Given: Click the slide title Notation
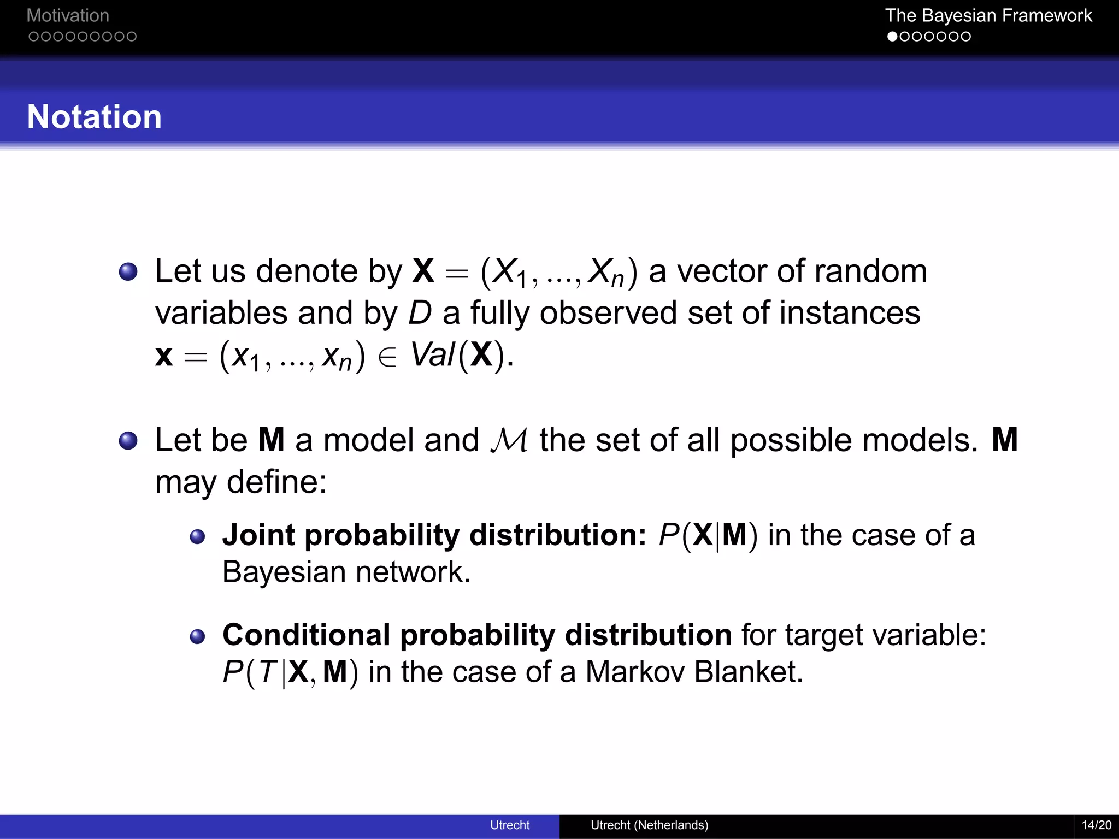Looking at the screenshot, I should pyautogui.click(x=95, y=117).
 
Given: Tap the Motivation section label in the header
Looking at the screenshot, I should pyautogui.click(x=68, y=15).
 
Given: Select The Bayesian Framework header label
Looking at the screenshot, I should pyautogui.click(x=988, y=15).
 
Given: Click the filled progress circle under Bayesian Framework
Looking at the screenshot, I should pyautogui.click(x=892, y=37).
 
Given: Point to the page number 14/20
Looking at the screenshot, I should pyautogui.click(x=1096, y=825).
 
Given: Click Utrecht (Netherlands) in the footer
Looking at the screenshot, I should pyautogui.click(x=649, y=825).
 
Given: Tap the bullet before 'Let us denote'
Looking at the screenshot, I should pyautogui.click(x=128, y=271).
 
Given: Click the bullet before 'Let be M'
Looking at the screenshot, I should pyautogui.click(x=128, y=440).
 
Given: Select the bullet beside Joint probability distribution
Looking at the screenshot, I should pyautogui.click(x=197, y=536).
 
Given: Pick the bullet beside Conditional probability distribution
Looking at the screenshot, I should pyautogui.click(x=197, y=636).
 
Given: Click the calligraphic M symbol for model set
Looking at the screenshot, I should pyautogui.click(x=509, y=440).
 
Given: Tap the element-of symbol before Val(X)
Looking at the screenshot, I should pyautogui.click(x=387, y=358).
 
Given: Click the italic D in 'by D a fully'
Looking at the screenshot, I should pyautogui.click(x=420, y=314).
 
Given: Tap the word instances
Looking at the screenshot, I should pyautogui.click(x=850, y=314).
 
